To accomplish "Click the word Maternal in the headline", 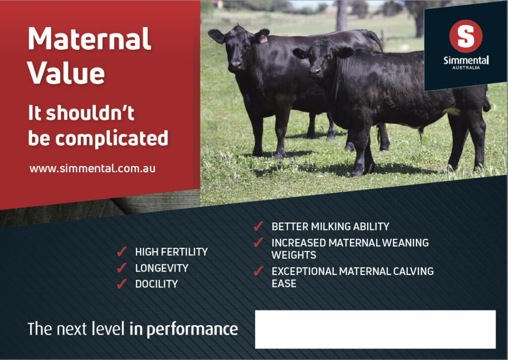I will pos(89,39).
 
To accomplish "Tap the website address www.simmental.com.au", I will pos(92,168).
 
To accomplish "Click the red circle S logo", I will pos(465,36).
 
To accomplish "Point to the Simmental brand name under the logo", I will pos(465,61).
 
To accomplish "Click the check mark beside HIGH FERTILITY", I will pos(122,252).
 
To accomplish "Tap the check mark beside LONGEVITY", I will pos(122,268).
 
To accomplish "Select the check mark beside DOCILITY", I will pos(122,284).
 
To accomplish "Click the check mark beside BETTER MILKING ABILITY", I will pos(258,226).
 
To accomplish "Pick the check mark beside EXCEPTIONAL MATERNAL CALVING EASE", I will pos(258,271).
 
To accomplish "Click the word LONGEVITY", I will pos(162,268).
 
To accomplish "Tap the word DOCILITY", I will pos(156,284).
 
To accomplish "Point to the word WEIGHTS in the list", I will pos(294,255).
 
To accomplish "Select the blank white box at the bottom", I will pos(375,329).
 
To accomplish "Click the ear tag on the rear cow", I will pos(263,39).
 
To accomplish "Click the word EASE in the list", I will pos(284,284).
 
